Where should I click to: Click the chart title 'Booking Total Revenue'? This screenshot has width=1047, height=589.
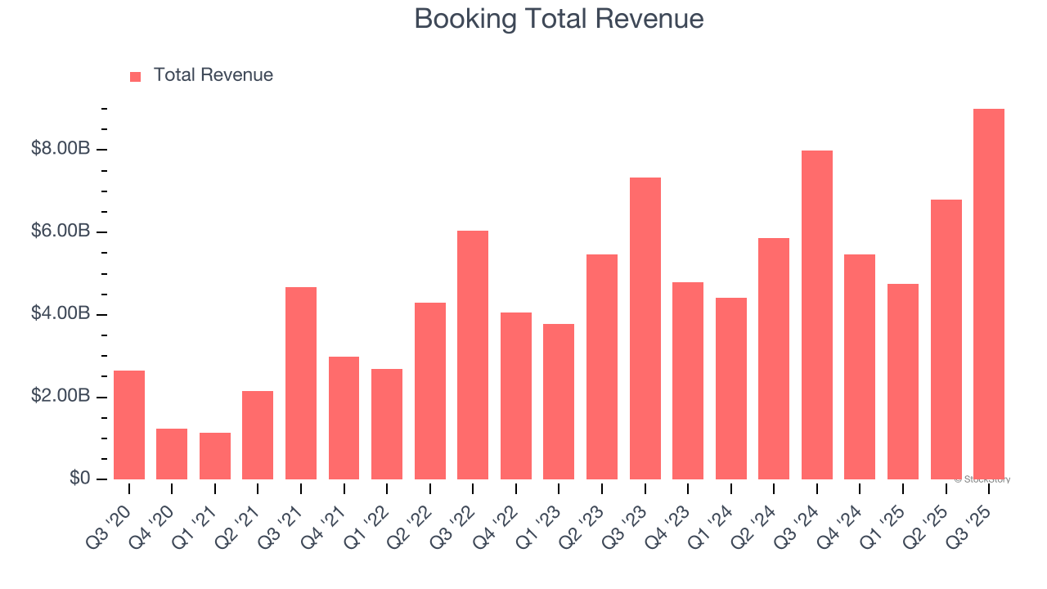point(559,18)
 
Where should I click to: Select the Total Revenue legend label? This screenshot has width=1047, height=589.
point(213,75)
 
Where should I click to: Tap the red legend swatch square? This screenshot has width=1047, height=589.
point(136,76)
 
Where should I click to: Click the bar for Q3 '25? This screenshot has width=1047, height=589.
point(988,294)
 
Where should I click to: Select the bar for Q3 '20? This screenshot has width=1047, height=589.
point(129,425)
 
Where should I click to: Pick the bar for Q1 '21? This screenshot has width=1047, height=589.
point(215,456)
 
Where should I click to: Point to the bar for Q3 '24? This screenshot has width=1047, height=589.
point(816,315)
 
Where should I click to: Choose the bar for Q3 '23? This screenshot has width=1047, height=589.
point(645,329)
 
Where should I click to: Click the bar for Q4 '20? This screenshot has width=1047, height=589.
point(172,454)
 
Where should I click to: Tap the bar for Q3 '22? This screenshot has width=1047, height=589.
point(473,355)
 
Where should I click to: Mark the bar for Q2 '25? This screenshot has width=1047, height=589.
point(946,339)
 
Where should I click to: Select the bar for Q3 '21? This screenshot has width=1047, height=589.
point(301,383)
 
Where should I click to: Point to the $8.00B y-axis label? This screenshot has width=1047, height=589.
point(61,149)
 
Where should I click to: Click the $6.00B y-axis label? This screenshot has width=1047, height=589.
point(61,232)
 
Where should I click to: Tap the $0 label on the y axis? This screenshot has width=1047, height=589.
point(79,479)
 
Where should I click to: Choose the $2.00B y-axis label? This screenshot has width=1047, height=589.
point(61,397)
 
